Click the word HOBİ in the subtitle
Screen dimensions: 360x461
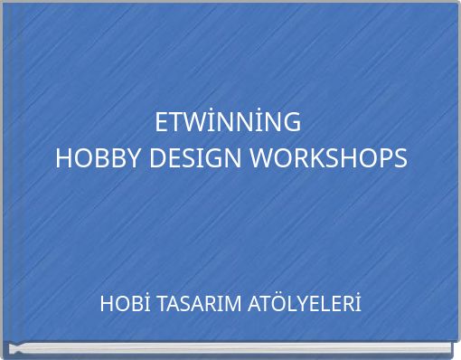[126, 304]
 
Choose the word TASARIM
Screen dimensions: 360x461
[198, 304]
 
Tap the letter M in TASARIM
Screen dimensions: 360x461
[232, 304]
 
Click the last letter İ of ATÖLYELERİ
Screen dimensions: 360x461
[358, 304]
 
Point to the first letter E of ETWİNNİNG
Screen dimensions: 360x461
[162, 121]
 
